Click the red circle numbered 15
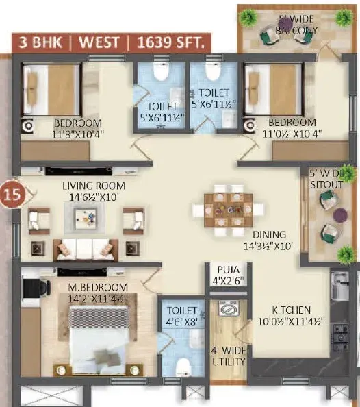(12, 194)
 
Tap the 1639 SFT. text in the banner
(170, 42)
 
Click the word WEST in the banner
(99, 42)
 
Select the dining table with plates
(228, 210)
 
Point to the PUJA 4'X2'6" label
(229, 275)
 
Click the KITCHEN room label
(291, 310)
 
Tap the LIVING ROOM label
(94, 186)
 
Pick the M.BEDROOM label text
(98, 287)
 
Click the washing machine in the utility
(229, 308)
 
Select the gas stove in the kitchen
(341, 337)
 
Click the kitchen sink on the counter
(339, 285)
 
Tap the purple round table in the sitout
(340, 215)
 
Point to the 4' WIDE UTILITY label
(229, 356)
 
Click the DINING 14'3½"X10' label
(268, 240)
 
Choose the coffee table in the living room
(85, 217)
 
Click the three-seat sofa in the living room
(86, 249)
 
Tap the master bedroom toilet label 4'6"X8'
(182, 317)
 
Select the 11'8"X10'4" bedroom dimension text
(78, 134)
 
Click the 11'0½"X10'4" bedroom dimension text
(292, 134)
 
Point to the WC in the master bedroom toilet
(183, 367)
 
